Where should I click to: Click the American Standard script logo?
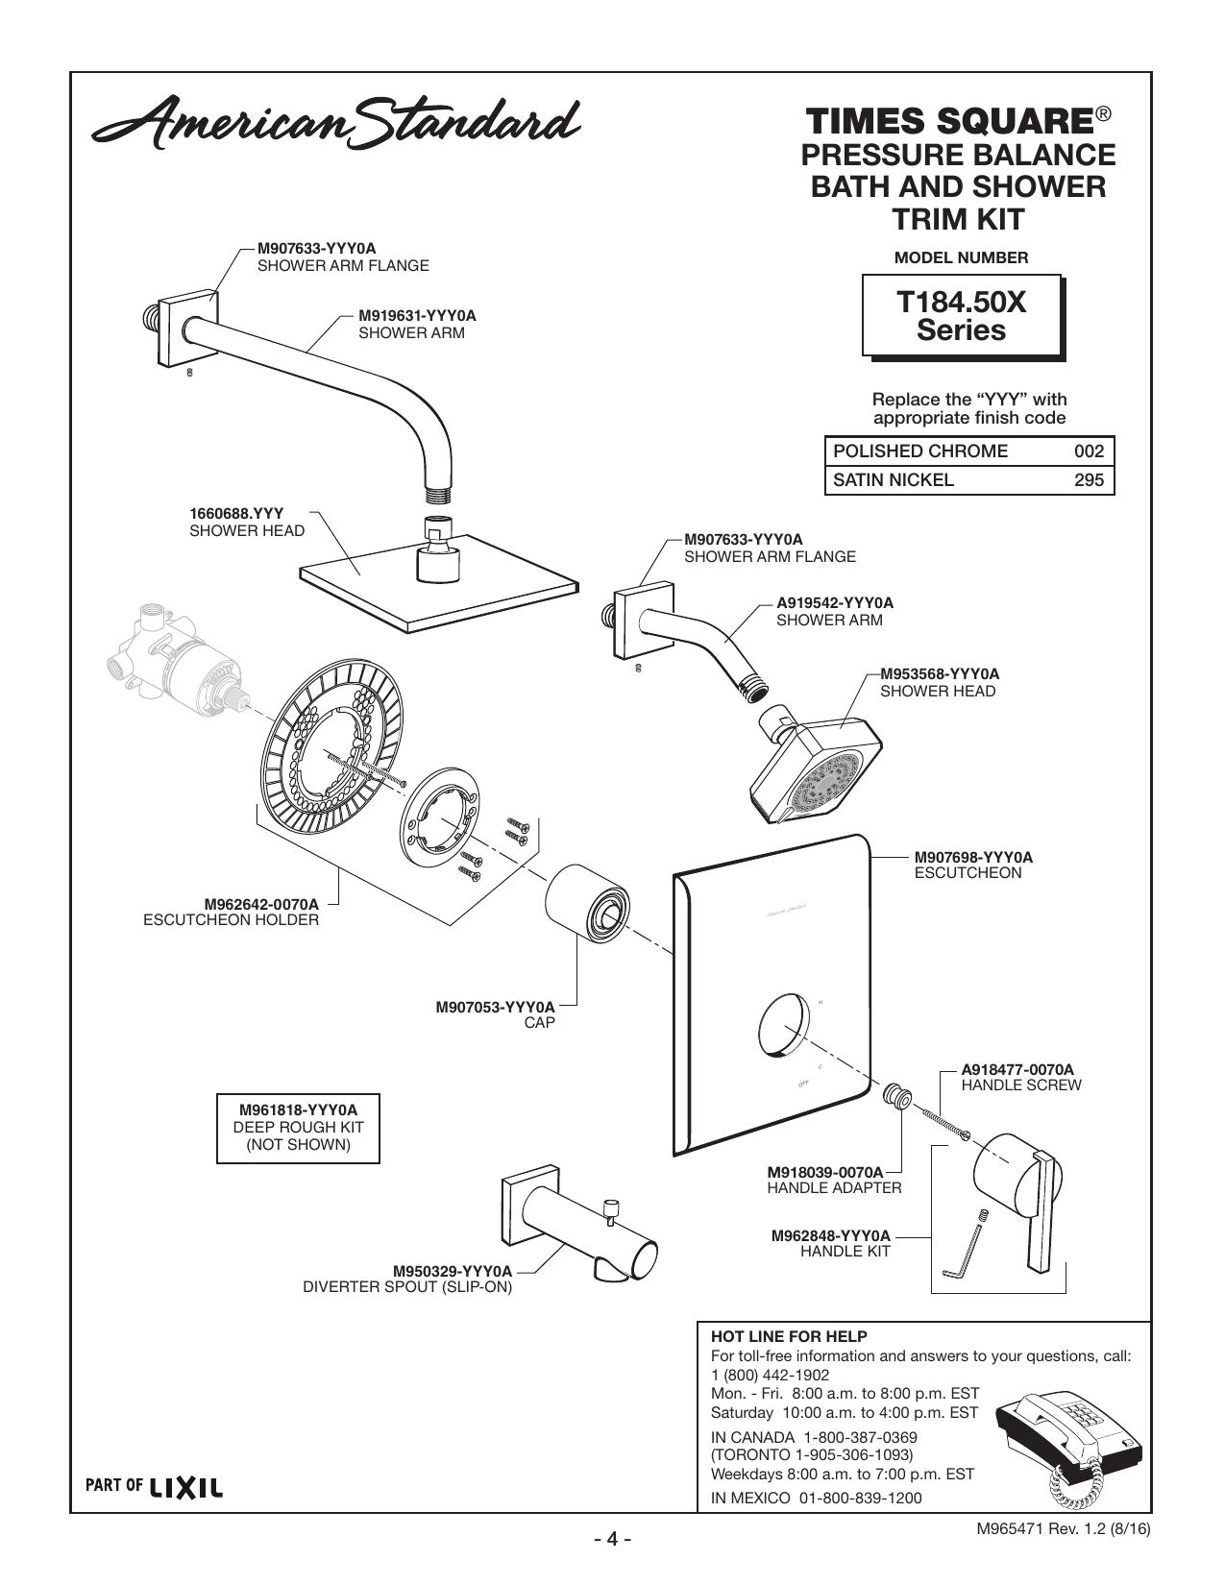tap(336, 123)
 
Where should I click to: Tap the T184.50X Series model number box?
tap(963, 316)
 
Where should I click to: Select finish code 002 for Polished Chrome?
tap(1089, 451)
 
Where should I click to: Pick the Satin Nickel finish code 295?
tap(1089, 480)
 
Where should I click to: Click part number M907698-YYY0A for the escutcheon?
tap(973, 857)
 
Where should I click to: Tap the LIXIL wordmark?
tap(186, 1487)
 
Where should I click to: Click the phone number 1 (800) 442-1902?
tap(770, 1375)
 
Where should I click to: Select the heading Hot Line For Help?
tap(789, 1336)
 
